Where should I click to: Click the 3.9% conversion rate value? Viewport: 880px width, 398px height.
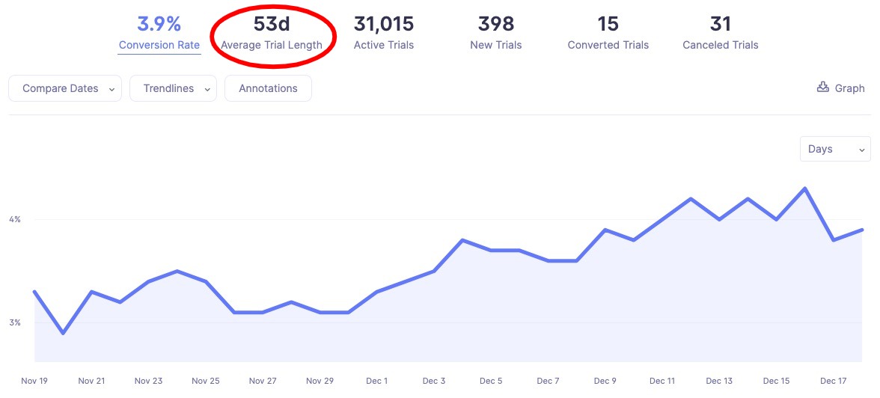[159, 24]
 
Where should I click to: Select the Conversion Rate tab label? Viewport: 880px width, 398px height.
[159, 45]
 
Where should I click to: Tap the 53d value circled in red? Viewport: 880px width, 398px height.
[272, 24]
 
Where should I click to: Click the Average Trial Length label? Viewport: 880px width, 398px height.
[272, 45]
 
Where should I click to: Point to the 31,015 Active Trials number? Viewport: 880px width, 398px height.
[384, 24]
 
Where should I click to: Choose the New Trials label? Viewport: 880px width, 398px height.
[496, 45]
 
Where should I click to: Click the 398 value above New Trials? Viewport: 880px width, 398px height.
[496, 24]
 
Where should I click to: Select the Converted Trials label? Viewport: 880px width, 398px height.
[608, 45]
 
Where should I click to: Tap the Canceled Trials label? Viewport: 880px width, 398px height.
[721, 45]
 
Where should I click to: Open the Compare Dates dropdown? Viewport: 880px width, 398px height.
[65, 88]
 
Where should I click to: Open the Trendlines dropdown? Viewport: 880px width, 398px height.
[173, 88]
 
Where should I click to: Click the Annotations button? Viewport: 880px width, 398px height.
[268, 88]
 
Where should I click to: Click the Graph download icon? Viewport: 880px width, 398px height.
[823, 88]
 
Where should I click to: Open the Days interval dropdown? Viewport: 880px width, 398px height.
[835, 149]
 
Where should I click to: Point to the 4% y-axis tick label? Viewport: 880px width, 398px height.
[15, 219]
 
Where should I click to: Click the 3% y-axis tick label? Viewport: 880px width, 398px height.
[15, 322]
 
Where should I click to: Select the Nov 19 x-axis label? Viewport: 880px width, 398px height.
[34, 381]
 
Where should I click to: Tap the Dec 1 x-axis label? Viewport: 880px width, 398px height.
[377, 381]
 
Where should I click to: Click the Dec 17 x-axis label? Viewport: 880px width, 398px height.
[834, 381]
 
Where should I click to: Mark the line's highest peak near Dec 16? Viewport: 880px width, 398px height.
[805, 189]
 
